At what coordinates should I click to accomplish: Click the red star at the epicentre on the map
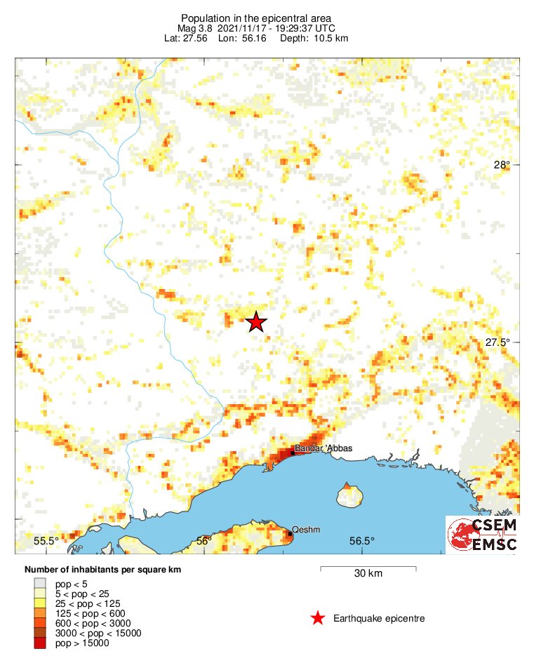pyautogui.click(x=256, y=322)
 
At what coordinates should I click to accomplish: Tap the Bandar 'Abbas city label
pyautogui.click(x=323, y=448)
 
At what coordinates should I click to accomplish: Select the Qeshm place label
pyautogui.click(x=306, y=530)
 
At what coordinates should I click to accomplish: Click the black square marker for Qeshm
pyautogui.click(x=290, y=534)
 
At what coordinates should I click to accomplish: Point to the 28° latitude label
pyautogui.click(x=502, y=166)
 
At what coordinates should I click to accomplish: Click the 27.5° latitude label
pyautogui.click(x=498, y=342)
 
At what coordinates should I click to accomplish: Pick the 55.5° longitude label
pyautogui.click(x=46, y=540)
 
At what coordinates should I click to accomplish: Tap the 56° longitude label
pyautogui.click(x=203, y=540)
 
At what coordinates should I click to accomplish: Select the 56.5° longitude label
pyautogui.click(x=361, y=540)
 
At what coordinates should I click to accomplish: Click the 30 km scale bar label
pyautogui.click(x=368, y=574)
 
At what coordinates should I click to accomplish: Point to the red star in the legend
pyautogui.click(x=318, y=618)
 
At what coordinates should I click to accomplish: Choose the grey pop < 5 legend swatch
pyautogui.click(x=40, y=583)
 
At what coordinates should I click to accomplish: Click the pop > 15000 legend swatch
pyautogui.click(x=40, y=643)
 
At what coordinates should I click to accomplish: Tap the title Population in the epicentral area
pyautogui.click(x=256, y=18)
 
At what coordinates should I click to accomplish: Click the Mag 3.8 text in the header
pyautogui.click(x=194, y=28)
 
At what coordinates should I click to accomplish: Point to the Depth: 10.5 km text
pyautogui.click(x=321, y=38)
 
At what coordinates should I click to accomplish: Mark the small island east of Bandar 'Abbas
pyautogui.click(x=349, y=495)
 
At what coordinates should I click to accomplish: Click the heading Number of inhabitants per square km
pyautogui.click(x=102, y=570)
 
